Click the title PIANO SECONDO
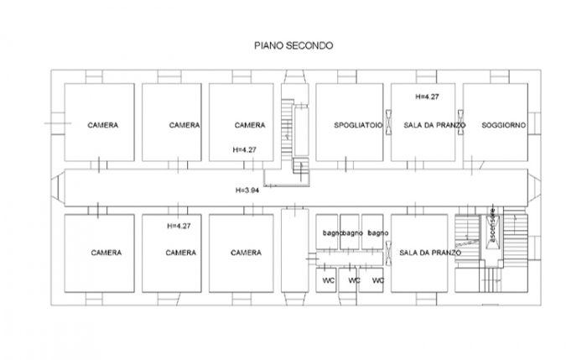[x=293, y=46]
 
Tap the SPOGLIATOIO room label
[x=358, y=125]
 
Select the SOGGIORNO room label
[x=503, y=125]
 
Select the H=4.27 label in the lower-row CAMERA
[x=179, y=226]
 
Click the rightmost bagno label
[x=377, y=232]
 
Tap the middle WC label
[x=354, y=279]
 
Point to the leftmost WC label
[x=327, y=279]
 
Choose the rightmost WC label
[x=377, y=279]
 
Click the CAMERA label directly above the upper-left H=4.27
[x=249, y=125]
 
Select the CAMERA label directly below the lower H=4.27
[x=180, y=253]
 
